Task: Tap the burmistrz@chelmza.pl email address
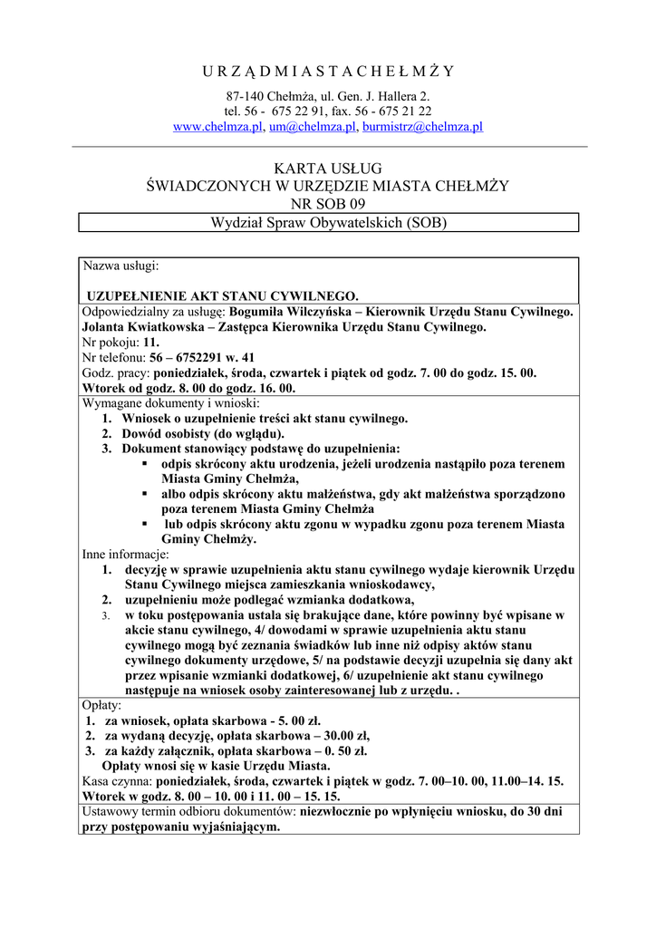point(422,127)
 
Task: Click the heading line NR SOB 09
point(328,203)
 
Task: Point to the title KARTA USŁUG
point(328,169)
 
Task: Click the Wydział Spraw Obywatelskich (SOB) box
point(328,222)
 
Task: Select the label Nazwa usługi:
point(121,266)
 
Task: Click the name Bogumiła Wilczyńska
point(294,311)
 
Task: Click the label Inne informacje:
point(125,554)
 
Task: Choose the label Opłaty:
point(103,704)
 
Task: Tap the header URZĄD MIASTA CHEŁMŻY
point(328,72)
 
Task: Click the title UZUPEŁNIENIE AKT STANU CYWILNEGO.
point(223,295)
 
